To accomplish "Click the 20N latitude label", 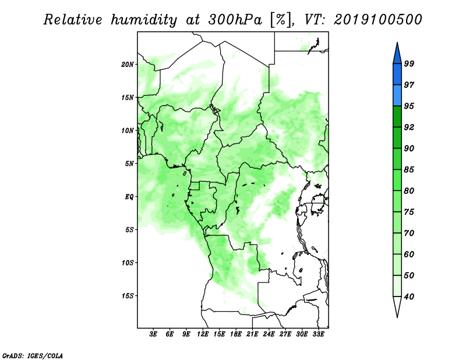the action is (x=128, y=64).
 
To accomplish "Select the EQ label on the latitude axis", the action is (x=129, y=197).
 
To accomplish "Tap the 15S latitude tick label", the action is (x=128, y=296).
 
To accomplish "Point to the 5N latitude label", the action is (x=129, y=164).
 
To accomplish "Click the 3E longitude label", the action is (x=153, y=334).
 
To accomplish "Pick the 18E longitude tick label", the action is (x=236, y=334).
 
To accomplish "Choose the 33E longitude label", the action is (x=318, y=334).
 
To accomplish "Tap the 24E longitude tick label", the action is (x=269, y=334).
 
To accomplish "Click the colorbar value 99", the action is (x=409, y=63).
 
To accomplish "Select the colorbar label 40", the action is (x=409, y=297).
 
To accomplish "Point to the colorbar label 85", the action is (x=409, y=170).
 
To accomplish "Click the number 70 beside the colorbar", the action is (x=409, y=233).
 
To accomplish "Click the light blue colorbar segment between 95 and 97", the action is (x=397, y=96).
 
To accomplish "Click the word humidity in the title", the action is (x=144, y=20).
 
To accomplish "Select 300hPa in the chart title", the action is (x=235, y=20).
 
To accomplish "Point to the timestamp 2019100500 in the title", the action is (x=377, y=20).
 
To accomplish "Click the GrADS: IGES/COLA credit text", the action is (x=33, y=355).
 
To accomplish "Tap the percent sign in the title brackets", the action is (x=281, y=20).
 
